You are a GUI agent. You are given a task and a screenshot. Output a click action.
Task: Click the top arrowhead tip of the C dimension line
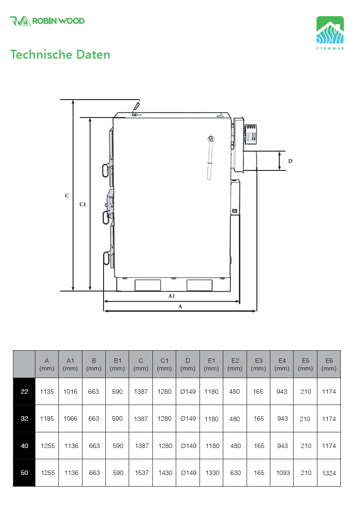coord(73,100)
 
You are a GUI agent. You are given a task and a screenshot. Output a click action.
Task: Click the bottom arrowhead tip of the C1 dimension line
coord(90,291)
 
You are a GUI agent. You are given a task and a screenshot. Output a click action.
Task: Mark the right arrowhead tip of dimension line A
coord(256,311)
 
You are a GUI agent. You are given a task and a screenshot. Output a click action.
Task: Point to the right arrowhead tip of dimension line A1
coord(239,301)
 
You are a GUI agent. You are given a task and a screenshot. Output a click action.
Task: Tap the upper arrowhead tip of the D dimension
coord(279,152)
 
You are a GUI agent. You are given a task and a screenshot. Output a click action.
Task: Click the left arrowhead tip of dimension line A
coord(104,311)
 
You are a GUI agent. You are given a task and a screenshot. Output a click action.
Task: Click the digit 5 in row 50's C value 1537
coord(140,473)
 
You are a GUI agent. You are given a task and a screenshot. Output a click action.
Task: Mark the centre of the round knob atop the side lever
coord(211,139)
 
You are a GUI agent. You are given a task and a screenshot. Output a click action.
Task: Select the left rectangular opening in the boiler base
coord(147,285)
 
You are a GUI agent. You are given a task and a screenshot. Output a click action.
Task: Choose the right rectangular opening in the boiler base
coord(200,285)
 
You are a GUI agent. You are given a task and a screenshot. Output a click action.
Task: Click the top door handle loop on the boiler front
coord(106,171)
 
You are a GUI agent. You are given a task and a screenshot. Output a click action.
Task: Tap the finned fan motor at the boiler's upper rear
coord(251,134)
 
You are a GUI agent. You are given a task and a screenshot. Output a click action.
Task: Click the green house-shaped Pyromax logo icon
coord(330,30)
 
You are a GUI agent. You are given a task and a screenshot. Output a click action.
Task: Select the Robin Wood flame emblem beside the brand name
coord(21,21)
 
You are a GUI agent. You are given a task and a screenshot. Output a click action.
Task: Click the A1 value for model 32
coord(70,418)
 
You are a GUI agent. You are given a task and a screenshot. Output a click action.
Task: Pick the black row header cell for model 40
coord(24,446)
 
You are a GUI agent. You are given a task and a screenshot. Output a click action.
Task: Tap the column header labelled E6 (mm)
coord(329,364)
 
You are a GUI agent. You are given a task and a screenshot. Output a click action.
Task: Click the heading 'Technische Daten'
coord(60,54)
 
